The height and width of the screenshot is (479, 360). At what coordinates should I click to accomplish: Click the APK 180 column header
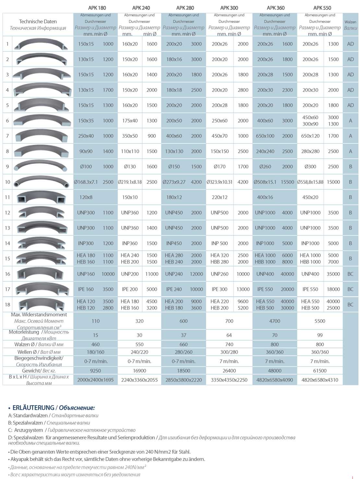(x=97, y=8)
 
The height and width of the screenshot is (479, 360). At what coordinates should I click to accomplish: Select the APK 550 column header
(x=322, y=8)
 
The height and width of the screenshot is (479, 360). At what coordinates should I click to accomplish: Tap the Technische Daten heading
(x=38, y=21)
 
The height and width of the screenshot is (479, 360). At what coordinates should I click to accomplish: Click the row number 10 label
(x=7, y=182)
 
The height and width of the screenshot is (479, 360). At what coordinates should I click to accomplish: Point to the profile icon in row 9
(x=41, y=166)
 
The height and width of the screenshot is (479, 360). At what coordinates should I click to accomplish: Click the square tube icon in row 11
(x=41, y=197)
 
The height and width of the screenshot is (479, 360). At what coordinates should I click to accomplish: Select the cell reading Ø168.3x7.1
(x=86, y=182)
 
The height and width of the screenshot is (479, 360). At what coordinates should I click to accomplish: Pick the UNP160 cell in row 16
(x=86, y=274)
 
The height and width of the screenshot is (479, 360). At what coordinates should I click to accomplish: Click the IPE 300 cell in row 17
(x=220, y=289)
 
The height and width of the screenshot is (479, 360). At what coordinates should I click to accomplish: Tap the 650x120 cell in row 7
(x=310, y=136)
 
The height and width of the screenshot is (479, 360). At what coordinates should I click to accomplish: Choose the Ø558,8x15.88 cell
(x=310, y=182)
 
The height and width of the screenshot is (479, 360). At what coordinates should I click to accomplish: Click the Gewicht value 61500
(x=320, y=371)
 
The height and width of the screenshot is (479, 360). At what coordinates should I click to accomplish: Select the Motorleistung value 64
(x=229, y=335)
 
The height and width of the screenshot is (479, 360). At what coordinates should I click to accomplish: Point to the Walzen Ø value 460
(x=95, y=344)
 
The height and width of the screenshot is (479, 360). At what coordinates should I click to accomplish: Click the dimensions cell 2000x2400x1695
(x=95, y=380)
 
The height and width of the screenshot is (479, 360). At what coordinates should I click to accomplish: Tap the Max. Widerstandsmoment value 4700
(x=275, y=321)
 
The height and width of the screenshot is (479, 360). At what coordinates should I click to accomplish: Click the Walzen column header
(x=350, y=25)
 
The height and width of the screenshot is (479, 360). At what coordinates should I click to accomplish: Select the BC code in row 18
(x=350, y=304)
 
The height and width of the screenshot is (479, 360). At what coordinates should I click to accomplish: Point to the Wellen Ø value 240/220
(x=139, y=352)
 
